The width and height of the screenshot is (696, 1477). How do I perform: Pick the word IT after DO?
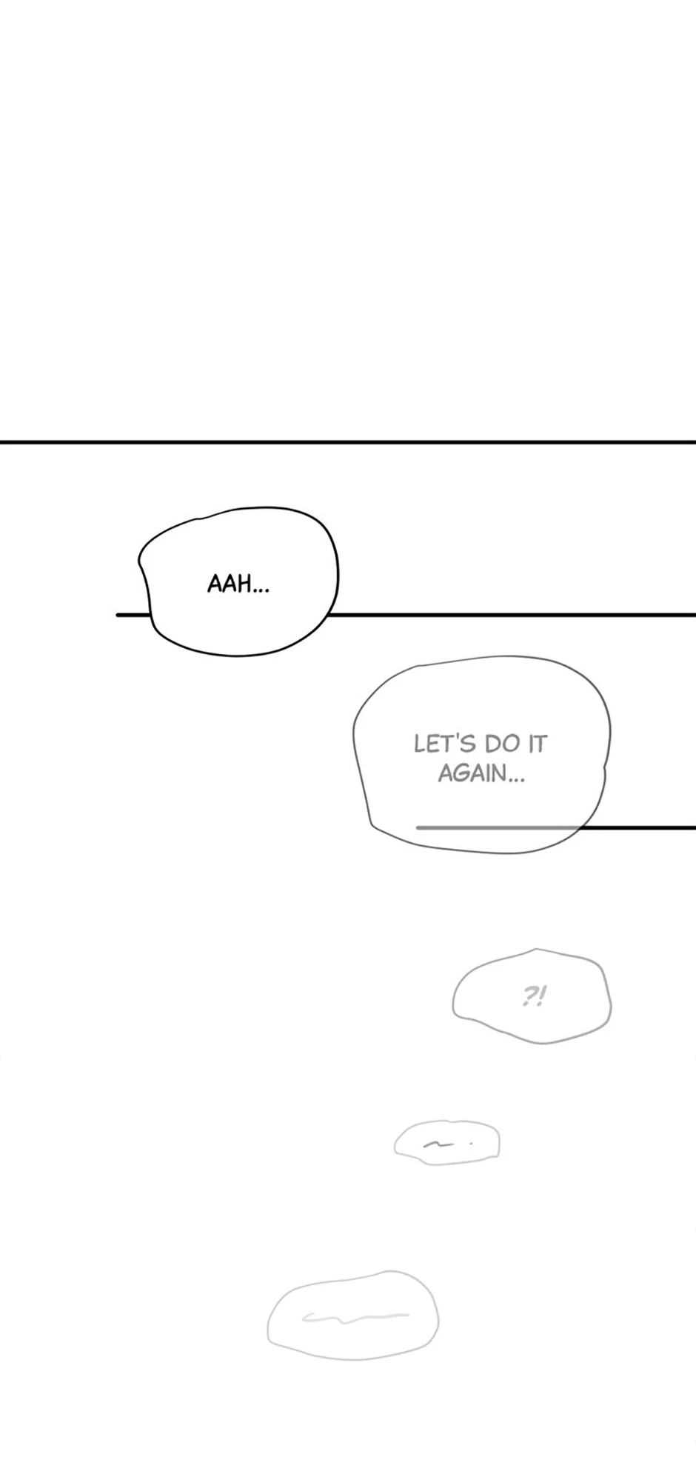pos(537,744)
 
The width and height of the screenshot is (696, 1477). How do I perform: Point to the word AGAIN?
pos(471,774)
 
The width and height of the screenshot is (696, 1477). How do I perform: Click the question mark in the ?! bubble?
pos(529,997)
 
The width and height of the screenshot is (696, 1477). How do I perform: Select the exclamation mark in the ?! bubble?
pos(542,997)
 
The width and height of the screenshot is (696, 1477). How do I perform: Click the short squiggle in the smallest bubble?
pos(437,1144)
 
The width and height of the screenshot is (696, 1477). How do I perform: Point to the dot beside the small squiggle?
pos(471,1143)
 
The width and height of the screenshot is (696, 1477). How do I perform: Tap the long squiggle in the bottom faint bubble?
pos(355,1316)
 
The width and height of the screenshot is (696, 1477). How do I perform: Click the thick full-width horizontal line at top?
pos(348,442)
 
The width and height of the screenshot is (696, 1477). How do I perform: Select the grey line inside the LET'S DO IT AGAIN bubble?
pos(496,827)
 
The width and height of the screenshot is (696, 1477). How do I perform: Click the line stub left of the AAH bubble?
pos(133,615)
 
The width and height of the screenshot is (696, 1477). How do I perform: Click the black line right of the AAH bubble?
pos(511,615)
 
